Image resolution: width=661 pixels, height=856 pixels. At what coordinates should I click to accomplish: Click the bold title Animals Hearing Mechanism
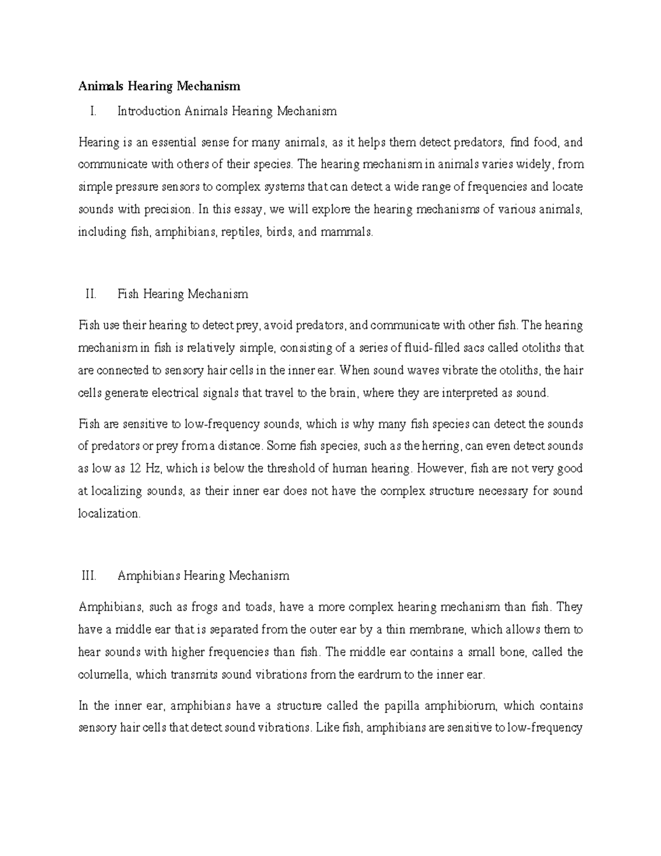pyautogui.click(x=159, y=86)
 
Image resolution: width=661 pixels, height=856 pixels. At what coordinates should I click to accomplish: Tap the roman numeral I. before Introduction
pyautogui.click(x=93, y=111)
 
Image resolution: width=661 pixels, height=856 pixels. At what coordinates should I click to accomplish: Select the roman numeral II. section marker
pyautogui.click(x=91, y=294)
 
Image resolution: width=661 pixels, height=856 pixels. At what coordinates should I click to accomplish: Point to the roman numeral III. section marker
pyautogui.click(x=89, y=576)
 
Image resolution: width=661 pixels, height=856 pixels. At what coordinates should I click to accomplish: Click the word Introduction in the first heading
pyautogui.click(x=149, y=111)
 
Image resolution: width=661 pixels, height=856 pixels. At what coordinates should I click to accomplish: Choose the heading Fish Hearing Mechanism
pyautogui.click(x=183, y=294)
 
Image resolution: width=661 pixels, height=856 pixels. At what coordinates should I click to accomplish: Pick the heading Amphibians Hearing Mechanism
pyautogui.click(x=203, y=576)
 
